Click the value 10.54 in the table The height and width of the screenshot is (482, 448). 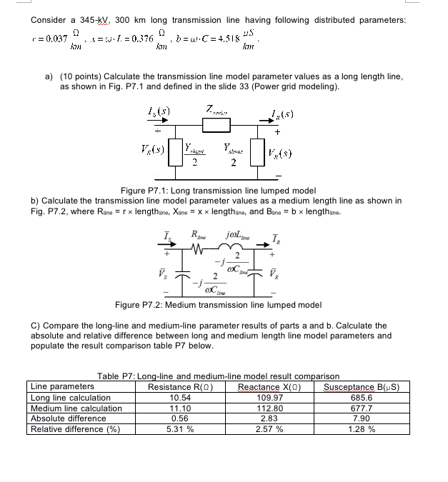[179, 398]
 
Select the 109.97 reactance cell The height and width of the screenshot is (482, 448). [269, 398]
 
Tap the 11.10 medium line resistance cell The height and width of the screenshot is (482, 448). [179, 408]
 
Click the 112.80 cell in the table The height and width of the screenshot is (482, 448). [269, 408]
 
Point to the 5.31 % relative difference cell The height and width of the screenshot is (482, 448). [179, 429]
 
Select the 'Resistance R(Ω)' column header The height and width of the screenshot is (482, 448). [179, 387]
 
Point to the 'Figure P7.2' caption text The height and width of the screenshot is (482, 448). [218, 305]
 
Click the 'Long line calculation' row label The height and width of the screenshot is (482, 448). [70, 398]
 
